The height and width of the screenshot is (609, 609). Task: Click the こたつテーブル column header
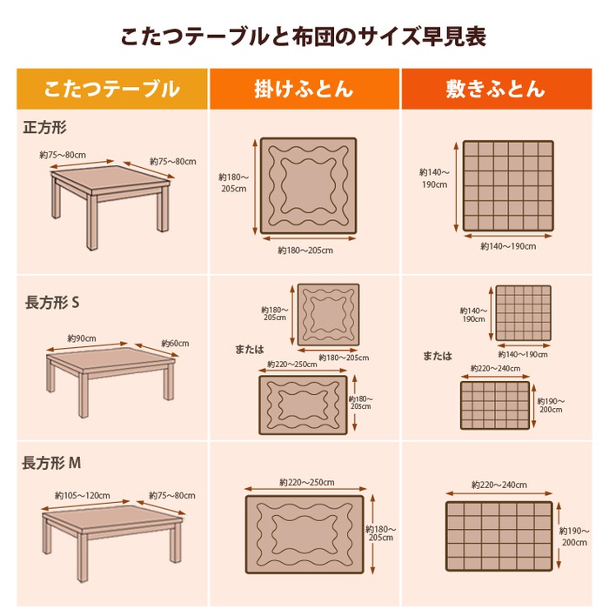(x=112, y=89)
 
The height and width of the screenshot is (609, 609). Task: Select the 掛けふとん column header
(x=304, y=89)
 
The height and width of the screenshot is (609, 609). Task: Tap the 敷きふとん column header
(x=496, y=89)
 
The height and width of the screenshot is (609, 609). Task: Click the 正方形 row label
(x=44, y=127)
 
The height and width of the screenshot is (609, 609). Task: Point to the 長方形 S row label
(x=52, y=303)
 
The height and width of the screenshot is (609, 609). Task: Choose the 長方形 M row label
(x=51, y=463)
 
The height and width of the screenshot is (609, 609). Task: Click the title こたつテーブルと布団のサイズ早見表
(x=304, y=37)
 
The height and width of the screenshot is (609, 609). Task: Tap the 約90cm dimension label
(x=82, y=338)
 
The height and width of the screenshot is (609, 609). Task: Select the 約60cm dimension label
(x=175, y=344)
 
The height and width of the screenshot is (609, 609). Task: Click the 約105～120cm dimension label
(x=83, y=496)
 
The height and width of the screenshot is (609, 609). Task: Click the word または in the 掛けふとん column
(x=250, y=350)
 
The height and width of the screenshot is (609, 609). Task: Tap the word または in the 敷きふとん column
(x=438, y=356)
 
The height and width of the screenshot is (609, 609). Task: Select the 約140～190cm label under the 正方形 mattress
(x=508, y=246)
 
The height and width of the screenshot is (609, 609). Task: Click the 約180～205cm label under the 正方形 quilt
(x=305, y=251)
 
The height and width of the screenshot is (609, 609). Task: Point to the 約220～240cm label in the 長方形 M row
(x=499, y=485)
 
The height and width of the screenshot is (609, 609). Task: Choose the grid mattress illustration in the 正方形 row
(x=508, y=186)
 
